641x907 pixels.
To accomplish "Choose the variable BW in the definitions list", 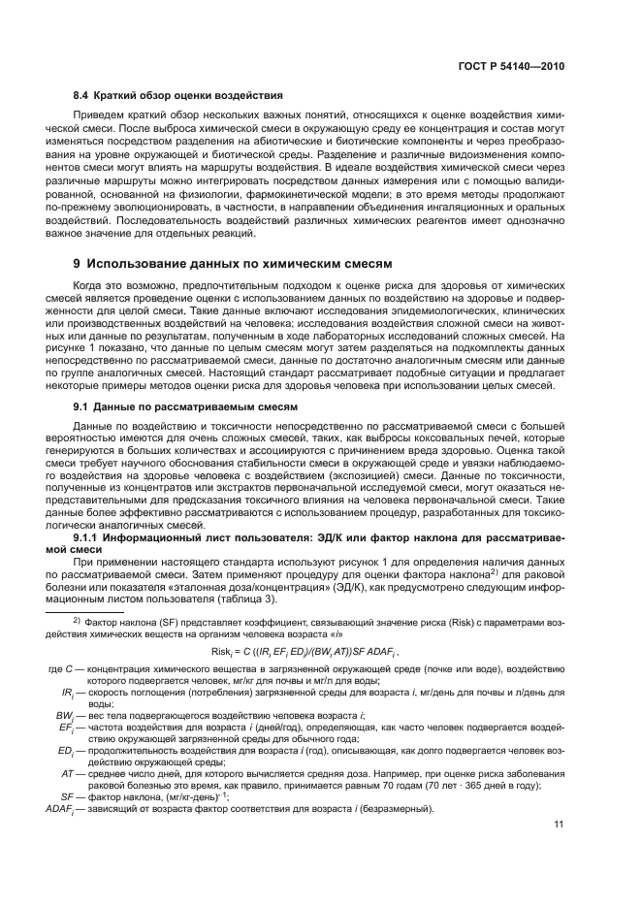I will coord(66,714).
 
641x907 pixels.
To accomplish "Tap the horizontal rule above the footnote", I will coord(108,610).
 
